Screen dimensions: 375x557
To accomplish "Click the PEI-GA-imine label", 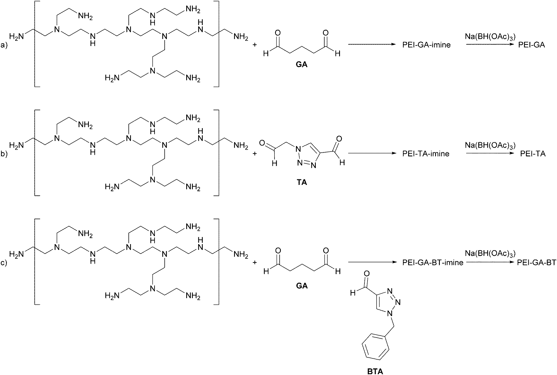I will coord(426,45).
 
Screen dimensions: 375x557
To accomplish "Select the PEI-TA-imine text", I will coord(426,153).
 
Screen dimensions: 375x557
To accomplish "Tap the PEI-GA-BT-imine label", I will coord(433,262).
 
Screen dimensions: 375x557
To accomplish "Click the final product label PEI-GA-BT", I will coord(536,262).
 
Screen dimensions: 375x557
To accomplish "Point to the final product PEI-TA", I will coord(533,153).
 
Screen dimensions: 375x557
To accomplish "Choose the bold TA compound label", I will coord(302,182).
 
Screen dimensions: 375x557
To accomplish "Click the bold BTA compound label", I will coord(375,371).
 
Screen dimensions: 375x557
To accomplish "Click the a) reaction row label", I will coord(4,45).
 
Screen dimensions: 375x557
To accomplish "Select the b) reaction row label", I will coord(4,154).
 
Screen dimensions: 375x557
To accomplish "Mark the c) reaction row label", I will coord(4,263).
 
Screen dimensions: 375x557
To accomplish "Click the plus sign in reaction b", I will coord(254,153).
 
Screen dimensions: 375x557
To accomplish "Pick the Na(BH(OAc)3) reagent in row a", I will coord(490,36).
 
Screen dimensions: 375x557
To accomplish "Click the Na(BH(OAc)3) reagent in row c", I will coord(490,253).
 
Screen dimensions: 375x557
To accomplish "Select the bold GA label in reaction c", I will coord(302,286).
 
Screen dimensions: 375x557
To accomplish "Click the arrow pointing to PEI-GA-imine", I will coord(371,45).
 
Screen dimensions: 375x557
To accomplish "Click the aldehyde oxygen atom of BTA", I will coord(366,274).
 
